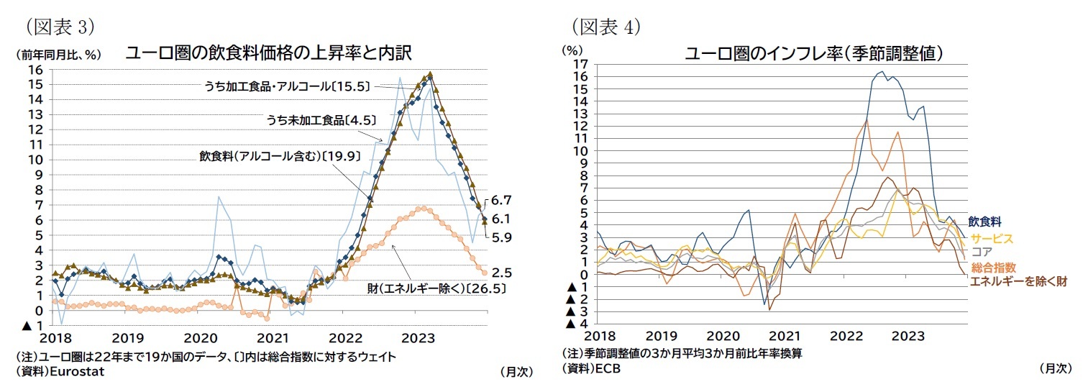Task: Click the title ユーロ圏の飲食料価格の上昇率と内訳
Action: [x=268, y=53]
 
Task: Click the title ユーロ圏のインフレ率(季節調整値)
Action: [x=814, y=53]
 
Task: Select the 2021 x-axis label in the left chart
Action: [x=273, y=337]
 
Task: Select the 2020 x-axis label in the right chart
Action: [x=723, y=336]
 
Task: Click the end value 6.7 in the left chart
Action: [x=502, y=200]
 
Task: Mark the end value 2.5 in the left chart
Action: [x=502, y=273]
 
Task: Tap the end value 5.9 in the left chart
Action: [x=502, y=237]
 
